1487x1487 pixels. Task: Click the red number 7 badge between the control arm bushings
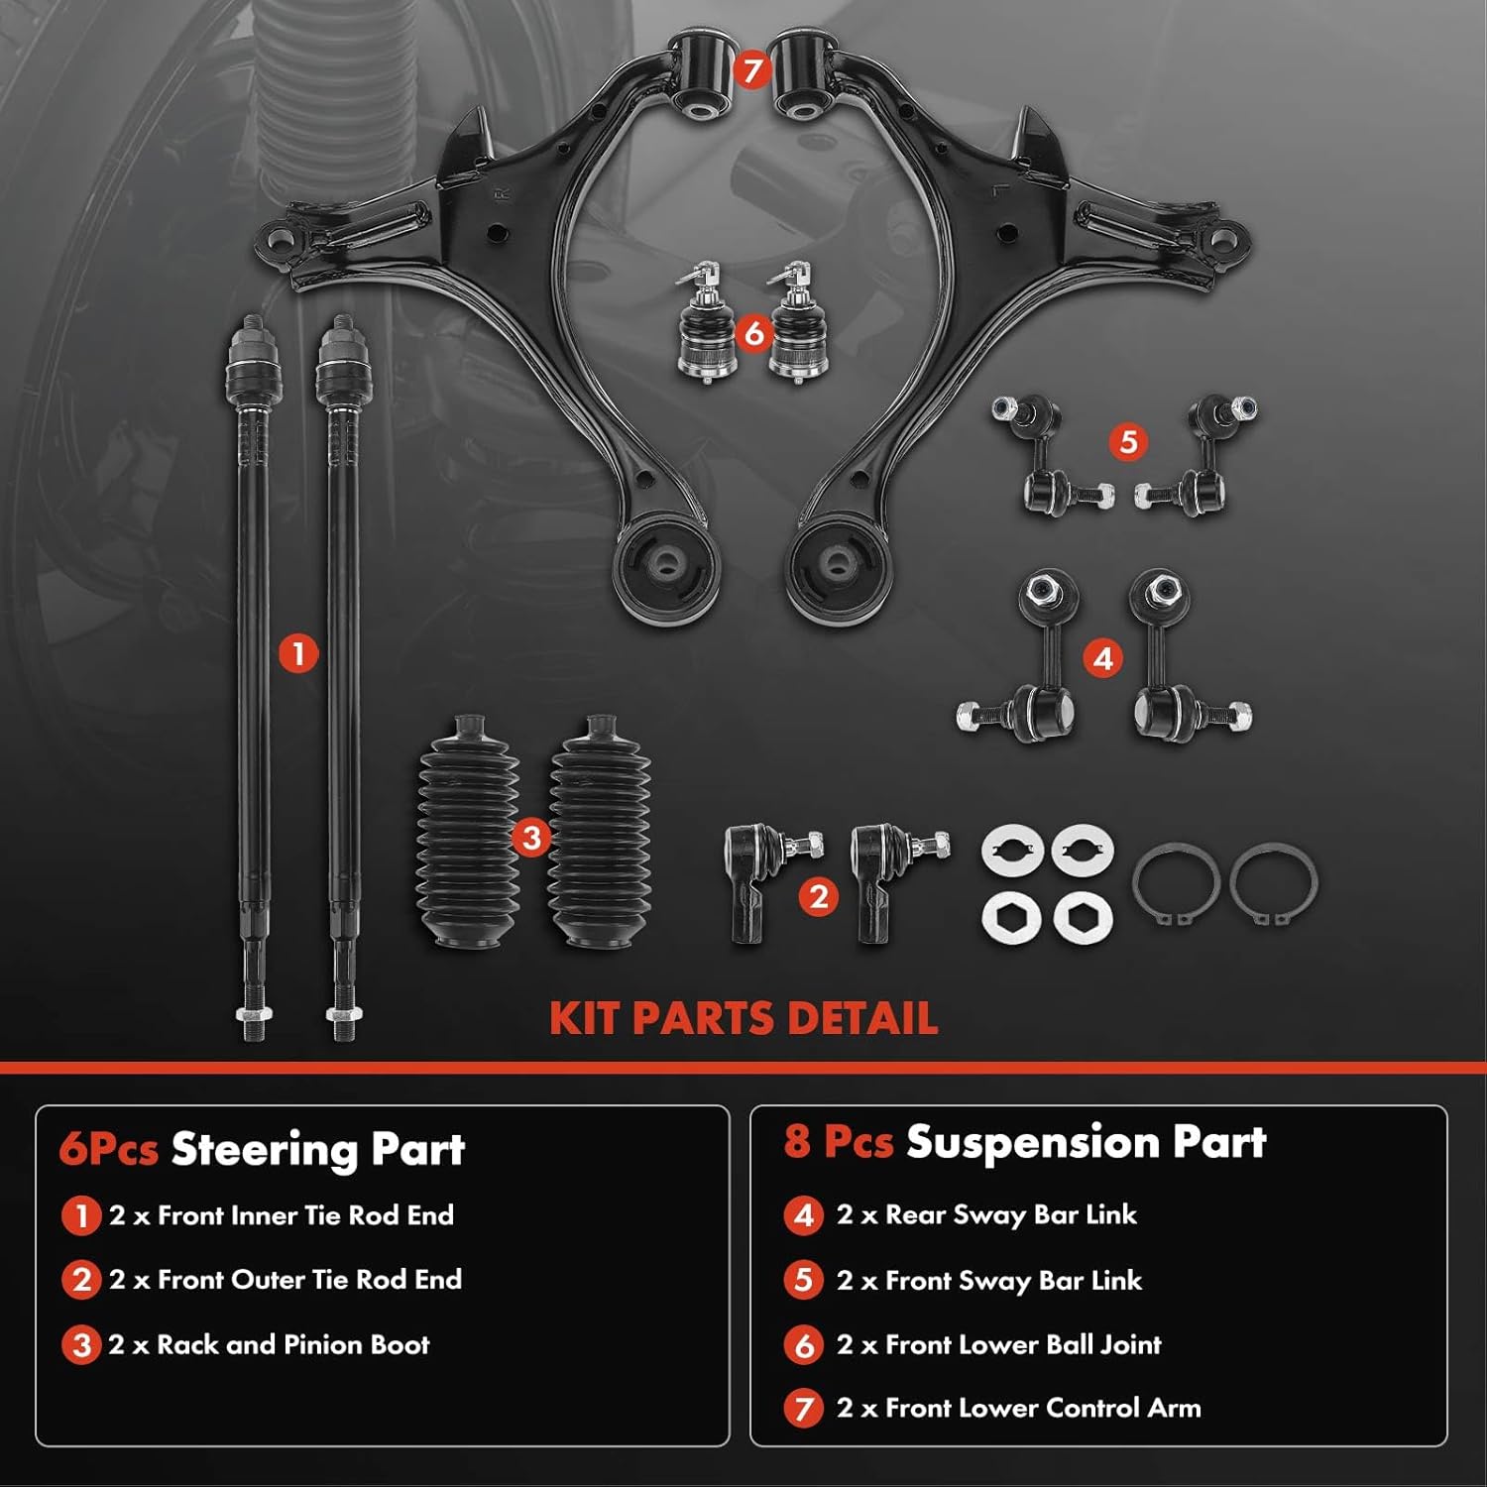coord(751,70)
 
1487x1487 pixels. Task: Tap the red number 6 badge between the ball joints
coord(754,333)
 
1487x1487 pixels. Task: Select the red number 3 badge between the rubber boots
coord(531,838)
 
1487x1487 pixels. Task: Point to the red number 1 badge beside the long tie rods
coord(297,654)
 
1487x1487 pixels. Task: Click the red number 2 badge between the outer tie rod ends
coord(818,897)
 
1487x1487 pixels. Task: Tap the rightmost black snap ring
coord(1273,883)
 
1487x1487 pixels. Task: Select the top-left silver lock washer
coord(1012,851)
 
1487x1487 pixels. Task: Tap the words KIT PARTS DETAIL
coord(743,1019)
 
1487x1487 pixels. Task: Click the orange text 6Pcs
coord(108,1150)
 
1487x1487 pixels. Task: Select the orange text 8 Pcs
coord(838,1142)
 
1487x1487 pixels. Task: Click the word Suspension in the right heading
coord(1032,1142)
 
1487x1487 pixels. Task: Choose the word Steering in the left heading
coord(264,1150)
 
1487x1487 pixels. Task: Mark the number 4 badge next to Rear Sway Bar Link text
coord(803,1215)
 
